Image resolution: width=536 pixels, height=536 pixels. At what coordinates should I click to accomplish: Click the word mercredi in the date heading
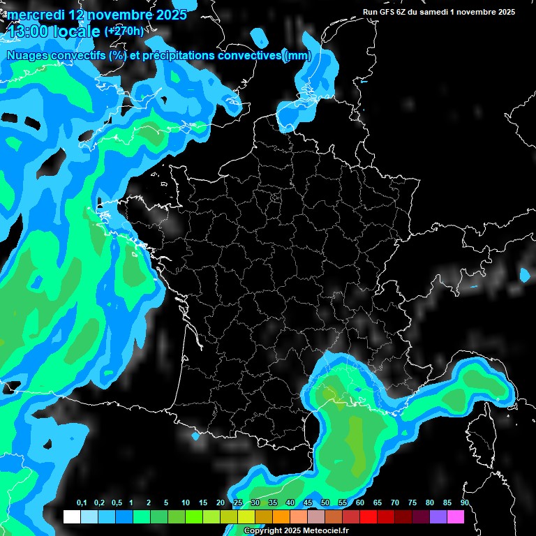click(x=34, y=15)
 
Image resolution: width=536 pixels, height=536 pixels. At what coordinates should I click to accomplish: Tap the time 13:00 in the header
click(x=27, y=31)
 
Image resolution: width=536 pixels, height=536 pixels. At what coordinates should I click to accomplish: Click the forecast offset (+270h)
click(x=124, y=31)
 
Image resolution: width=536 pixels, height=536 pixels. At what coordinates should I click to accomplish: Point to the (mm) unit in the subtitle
click(x=297, y=56)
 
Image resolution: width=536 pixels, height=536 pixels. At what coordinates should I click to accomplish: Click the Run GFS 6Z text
click(x=390, y=12)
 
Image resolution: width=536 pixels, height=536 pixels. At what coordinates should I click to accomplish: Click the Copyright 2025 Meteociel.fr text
click(x=296, y=531)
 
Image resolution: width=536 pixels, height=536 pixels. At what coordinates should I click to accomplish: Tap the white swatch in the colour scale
click(x=71, y=516)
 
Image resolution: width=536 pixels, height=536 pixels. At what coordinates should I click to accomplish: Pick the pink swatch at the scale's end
click(x=455, y=516)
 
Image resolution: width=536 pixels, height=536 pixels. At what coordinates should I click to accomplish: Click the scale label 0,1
click(x=82, y=503)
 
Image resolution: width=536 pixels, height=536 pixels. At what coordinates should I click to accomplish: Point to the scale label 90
click(x=465, y=503)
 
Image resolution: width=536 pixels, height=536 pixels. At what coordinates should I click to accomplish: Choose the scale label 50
click(x=325, y=503)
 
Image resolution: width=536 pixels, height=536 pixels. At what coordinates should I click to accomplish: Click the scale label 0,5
click(x=117, y=503)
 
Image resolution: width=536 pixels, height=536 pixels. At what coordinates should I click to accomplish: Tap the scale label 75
click(x=412, y=503)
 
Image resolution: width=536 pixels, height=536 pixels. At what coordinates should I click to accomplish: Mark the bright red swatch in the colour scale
click(x=368, y=516)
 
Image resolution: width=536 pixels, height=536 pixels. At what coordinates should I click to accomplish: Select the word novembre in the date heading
click(x=116, y=15)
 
